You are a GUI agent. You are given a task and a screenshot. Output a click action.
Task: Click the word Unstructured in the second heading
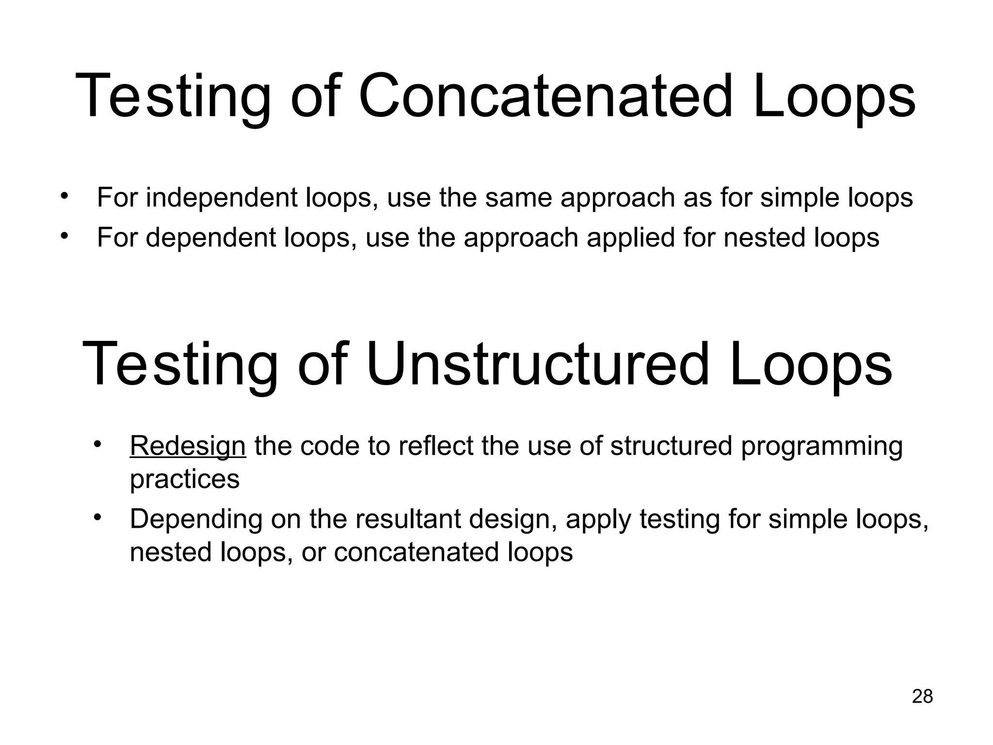(x=538, y=364)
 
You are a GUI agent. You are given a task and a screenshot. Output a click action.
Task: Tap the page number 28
(x=922, y=696)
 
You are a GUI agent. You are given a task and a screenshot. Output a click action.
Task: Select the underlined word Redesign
(x=188, y=446)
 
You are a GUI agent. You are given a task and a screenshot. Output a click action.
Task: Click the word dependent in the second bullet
(x=211, y=238)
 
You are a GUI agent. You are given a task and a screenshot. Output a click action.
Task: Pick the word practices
(x=185, y=479)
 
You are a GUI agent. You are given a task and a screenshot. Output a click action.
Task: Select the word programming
(x=821, y=447)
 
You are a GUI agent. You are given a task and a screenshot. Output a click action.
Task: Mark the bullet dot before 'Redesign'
(x=97, y=444)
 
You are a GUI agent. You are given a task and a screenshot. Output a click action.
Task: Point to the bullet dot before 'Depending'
(x=97, y=518)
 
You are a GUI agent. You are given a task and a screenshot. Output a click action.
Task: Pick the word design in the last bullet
(x=512, y=520)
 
